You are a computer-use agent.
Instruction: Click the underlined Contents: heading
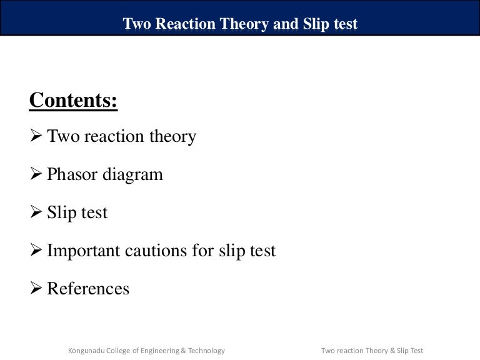[x=73, y=101]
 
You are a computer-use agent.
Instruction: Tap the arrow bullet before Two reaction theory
[x=36, y=136]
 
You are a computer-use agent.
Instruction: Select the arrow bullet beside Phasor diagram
[x=36, y=174]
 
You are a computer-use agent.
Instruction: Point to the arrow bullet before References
[x=36, y=289]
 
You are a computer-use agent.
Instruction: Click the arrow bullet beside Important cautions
[x=36, y=251]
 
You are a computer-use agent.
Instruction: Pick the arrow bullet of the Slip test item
[x=36, y=212]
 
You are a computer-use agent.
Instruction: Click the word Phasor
[x=69, y=174]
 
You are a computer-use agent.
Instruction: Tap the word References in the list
[x=88, y=289]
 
